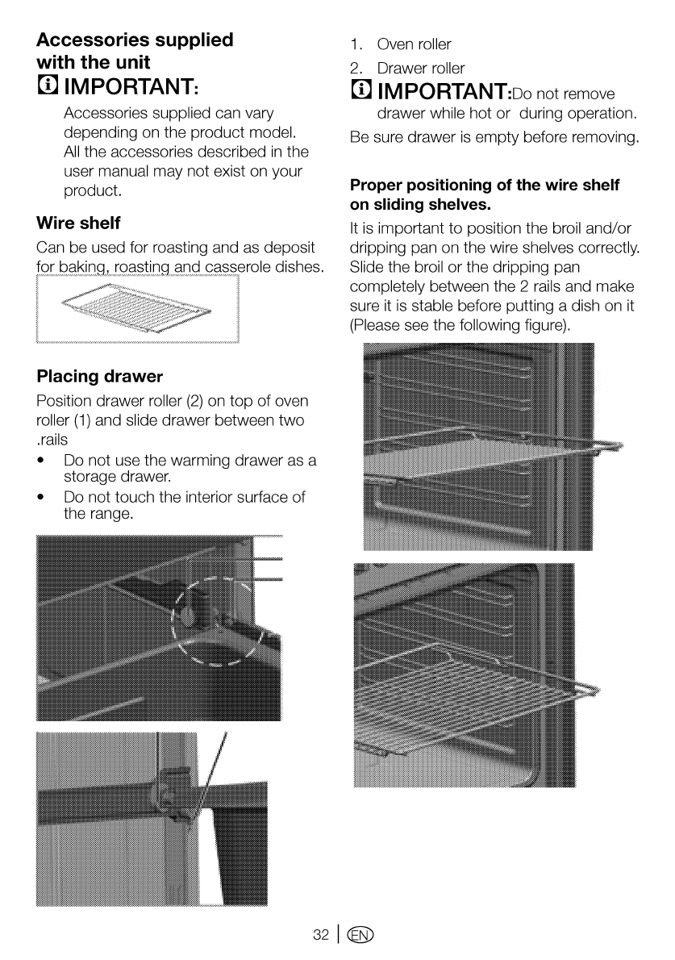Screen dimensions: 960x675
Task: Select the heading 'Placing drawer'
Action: coord(100,376)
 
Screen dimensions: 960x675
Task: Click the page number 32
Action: coord(321,934)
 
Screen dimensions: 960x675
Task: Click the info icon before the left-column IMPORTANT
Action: coord(47,85)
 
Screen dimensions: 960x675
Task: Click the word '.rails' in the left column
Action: coord(52,439)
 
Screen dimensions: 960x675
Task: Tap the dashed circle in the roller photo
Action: coord(219,621)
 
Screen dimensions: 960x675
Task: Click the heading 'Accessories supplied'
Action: coord(135,40)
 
